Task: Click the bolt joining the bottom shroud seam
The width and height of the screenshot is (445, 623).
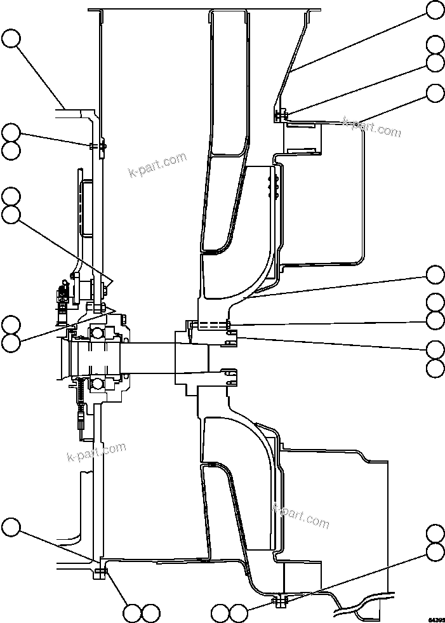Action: (279, 600)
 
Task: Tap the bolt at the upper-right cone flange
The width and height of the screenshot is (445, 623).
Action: (281, 115)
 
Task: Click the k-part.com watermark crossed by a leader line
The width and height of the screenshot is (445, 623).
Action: (372, 127)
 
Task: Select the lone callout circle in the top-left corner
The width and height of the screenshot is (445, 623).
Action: (11, 39)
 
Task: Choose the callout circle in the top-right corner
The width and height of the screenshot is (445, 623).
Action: (435, 10)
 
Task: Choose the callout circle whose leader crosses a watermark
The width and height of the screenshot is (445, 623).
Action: (435, 93)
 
